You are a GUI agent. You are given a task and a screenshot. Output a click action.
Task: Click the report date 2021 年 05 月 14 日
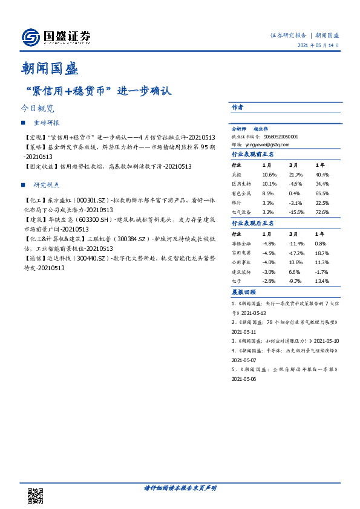[x=318, y=47]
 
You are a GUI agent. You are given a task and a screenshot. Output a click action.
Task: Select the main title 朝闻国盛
[x=47, y=68]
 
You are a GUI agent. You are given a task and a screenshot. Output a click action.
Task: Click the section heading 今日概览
[x=37, y=109]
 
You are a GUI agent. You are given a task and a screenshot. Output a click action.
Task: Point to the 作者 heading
[x=237, y=107]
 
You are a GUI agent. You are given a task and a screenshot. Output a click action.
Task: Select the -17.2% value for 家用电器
[x=295, y=253]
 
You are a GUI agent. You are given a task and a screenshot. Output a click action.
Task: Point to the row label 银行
[x=237, y=203]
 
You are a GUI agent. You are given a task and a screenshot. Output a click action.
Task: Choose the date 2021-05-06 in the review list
[x=244, y=378]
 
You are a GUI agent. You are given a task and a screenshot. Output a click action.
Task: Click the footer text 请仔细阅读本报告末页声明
[x=180, y=487]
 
